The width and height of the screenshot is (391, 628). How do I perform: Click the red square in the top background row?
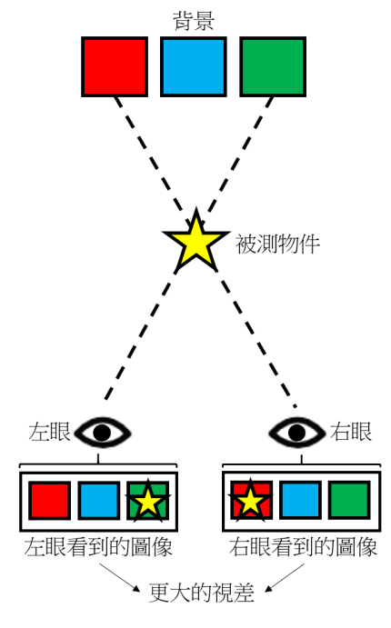coord(115,67)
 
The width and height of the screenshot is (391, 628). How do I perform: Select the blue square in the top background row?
coord(194,67)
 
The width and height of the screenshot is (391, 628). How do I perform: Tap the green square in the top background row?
coord(273,67)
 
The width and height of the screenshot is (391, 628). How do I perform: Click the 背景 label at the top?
coord(194,21)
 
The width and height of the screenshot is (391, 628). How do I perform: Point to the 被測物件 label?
coord(277,244)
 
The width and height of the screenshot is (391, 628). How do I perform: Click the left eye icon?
coord(103,433)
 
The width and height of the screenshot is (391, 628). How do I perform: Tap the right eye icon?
coord(296,433)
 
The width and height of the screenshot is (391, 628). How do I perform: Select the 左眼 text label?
coord(49,433)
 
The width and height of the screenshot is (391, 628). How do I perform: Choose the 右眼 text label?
coord(351,433)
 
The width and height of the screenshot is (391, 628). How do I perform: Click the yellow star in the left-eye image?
coord(148,502)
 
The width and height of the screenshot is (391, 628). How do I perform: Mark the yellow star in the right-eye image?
coord(250,501)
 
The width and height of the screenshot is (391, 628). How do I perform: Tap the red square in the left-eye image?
coord(50,501)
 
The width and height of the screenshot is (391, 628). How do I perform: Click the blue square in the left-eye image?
coord(99,501)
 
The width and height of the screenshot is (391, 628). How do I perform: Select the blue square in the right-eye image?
coord(300,501)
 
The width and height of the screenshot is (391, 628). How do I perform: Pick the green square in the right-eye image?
coord(349,501)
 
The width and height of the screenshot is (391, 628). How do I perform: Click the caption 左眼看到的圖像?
coord(98,547)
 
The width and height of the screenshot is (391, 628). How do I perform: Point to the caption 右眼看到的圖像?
coord(304,547)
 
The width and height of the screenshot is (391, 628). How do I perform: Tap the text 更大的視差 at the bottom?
coord(202,593)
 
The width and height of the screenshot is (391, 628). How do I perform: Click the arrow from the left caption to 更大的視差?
coord(120,578)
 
